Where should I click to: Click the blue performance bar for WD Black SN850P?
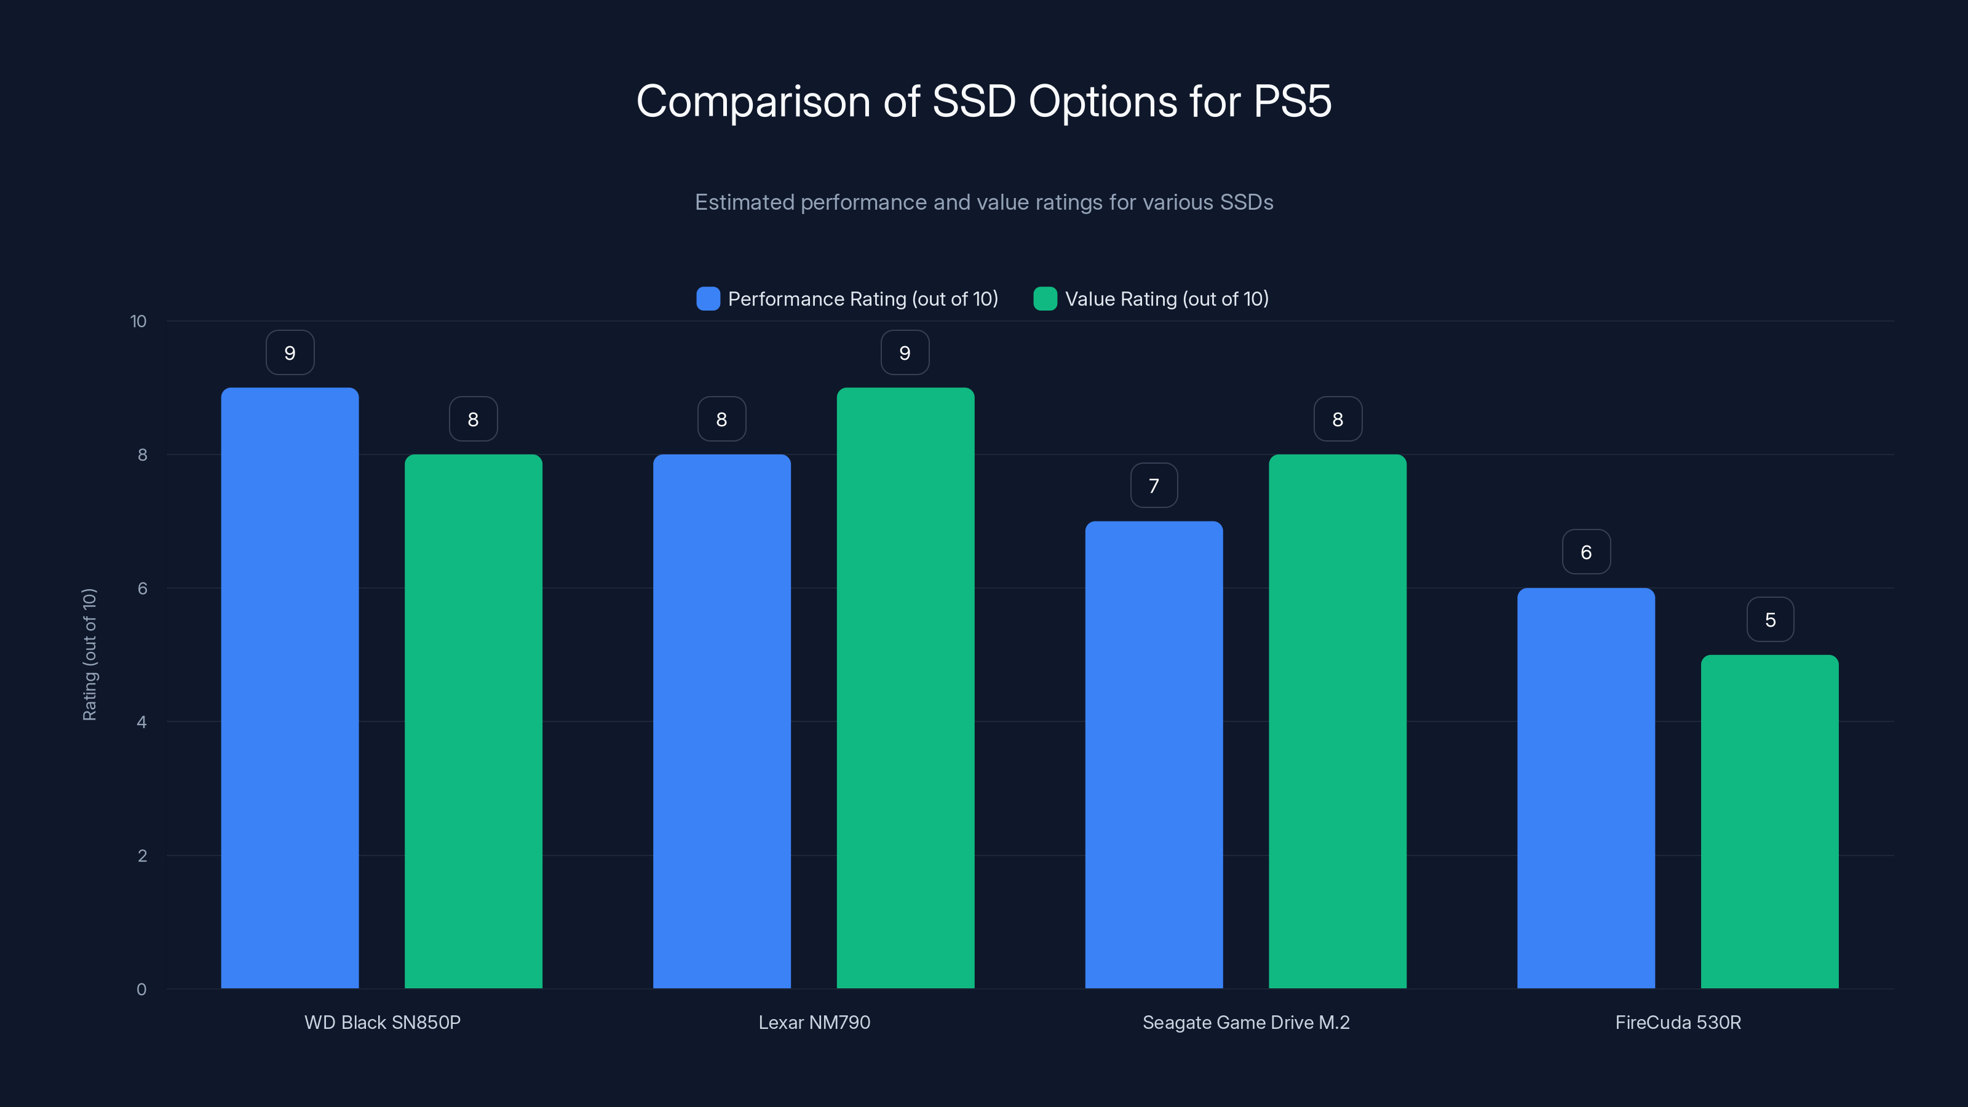pos(290,688)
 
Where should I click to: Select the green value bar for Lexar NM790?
pos(905,688)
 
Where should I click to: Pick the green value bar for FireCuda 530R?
pos(1769,821)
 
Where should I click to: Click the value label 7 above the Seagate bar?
pos(1154,486)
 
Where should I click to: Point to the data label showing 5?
pos(1770,619)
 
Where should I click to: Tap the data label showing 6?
pos(1586,552)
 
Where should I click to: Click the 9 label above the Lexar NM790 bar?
pos(905,353)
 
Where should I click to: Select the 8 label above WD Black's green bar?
pos(473,419)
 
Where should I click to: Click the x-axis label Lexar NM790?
pos(814,1022)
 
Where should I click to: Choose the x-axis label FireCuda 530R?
pos(1678,1022)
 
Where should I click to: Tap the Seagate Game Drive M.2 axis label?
pos(1245,1022)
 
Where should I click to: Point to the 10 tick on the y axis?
pos(138,322)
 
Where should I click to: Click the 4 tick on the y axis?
pos(142,722)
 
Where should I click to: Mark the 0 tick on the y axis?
pos(142,990)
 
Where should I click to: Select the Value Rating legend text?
pos(1166,299)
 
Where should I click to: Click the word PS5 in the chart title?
pos(1292,101)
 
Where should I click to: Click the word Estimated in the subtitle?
pos(744,202)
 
